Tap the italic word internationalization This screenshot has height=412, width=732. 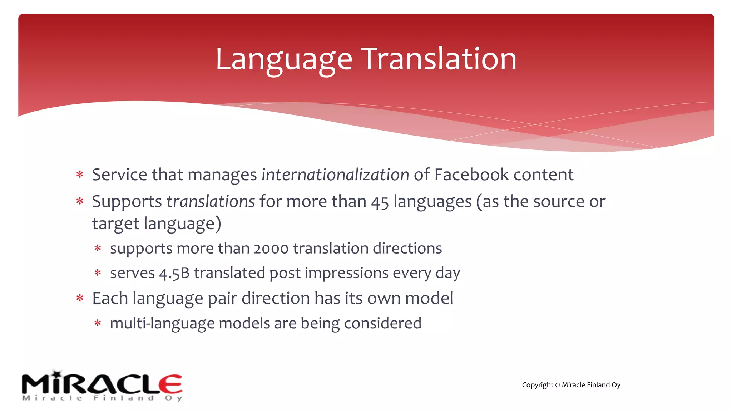click(x=335, y=175)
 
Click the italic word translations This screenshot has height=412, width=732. click(x=211, y=201)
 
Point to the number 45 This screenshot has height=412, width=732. click(x=380, y=202)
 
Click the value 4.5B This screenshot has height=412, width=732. click(x=174, y=273)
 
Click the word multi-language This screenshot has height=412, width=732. click(x=162, y=324)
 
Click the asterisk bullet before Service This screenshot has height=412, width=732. click(x=80, y=175)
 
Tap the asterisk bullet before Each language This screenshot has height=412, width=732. click(x=80, y=298)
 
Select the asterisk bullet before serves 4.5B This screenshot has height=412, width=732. click(x=98, y=273)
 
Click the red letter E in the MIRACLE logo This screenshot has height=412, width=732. click(x=170, y=384)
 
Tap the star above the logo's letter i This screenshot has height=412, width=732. click(x=57, y=373)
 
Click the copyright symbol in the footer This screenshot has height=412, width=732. click(x=557, y=385)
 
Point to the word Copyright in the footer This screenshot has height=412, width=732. click(x=537, y=385)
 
